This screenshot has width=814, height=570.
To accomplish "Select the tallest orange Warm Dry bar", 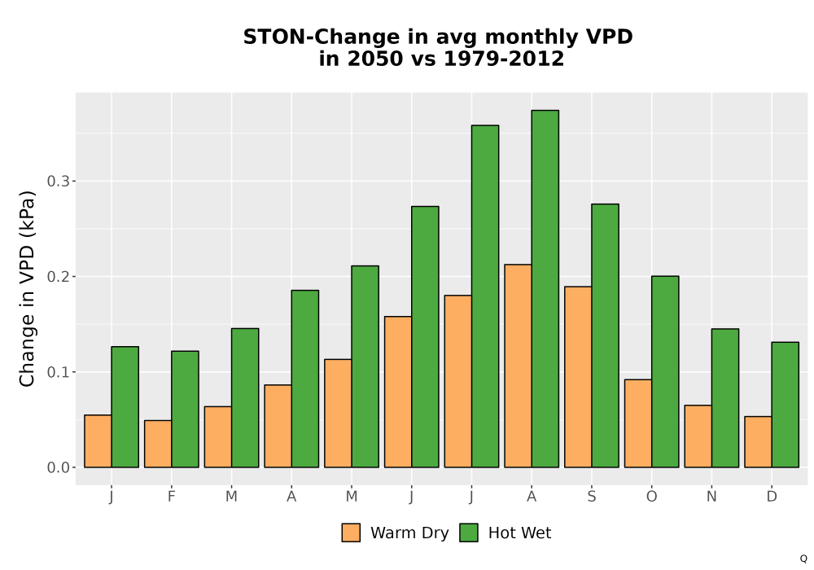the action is tap(518, 366).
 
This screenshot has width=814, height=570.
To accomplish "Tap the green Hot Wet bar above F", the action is tap(185, 409).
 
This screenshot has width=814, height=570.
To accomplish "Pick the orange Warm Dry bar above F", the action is tap(158, 444).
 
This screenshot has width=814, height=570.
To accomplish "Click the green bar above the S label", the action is tap(606, 335).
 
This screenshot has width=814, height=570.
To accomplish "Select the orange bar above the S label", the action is tap(578, 377).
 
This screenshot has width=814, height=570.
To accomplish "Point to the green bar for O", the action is tap(665, 371).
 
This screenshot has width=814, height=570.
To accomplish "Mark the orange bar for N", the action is tap(698, 436).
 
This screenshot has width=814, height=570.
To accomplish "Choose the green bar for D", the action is tap(785, 405).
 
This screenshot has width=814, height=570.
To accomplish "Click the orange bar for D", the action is tap(758, 442).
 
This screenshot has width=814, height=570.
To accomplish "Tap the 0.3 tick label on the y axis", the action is tap(58, 181).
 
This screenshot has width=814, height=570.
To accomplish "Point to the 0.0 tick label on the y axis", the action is tap(58, 467).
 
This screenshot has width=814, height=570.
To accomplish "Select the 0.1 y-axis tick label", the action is tap(58, 372).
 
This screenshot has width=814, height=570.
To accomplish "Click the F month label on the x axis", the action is tap(171, 497).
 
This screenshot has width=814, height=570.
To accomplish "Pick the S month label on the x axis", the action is tap(592, 497).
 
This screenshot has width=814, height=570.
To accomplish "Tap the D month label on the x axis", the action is tap(772, 497).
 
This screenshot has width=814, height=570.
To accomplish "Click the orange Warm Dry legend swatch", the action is tap(351, 533).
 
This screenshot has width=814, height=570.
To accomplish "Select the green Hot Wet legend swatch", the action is tap(469, 533).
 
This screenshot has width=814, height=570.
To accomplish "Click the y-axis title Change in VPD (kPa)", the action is tap(27, 289).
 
